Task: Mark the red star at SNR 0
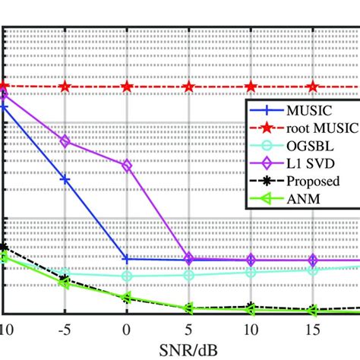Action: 127,87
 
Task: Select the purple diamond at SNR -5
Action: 65,141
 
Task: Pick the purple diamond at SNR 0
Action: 127,165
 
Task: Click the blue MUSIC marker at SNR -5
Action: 65,180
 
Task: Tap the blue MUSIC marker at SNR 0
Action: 127,259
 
